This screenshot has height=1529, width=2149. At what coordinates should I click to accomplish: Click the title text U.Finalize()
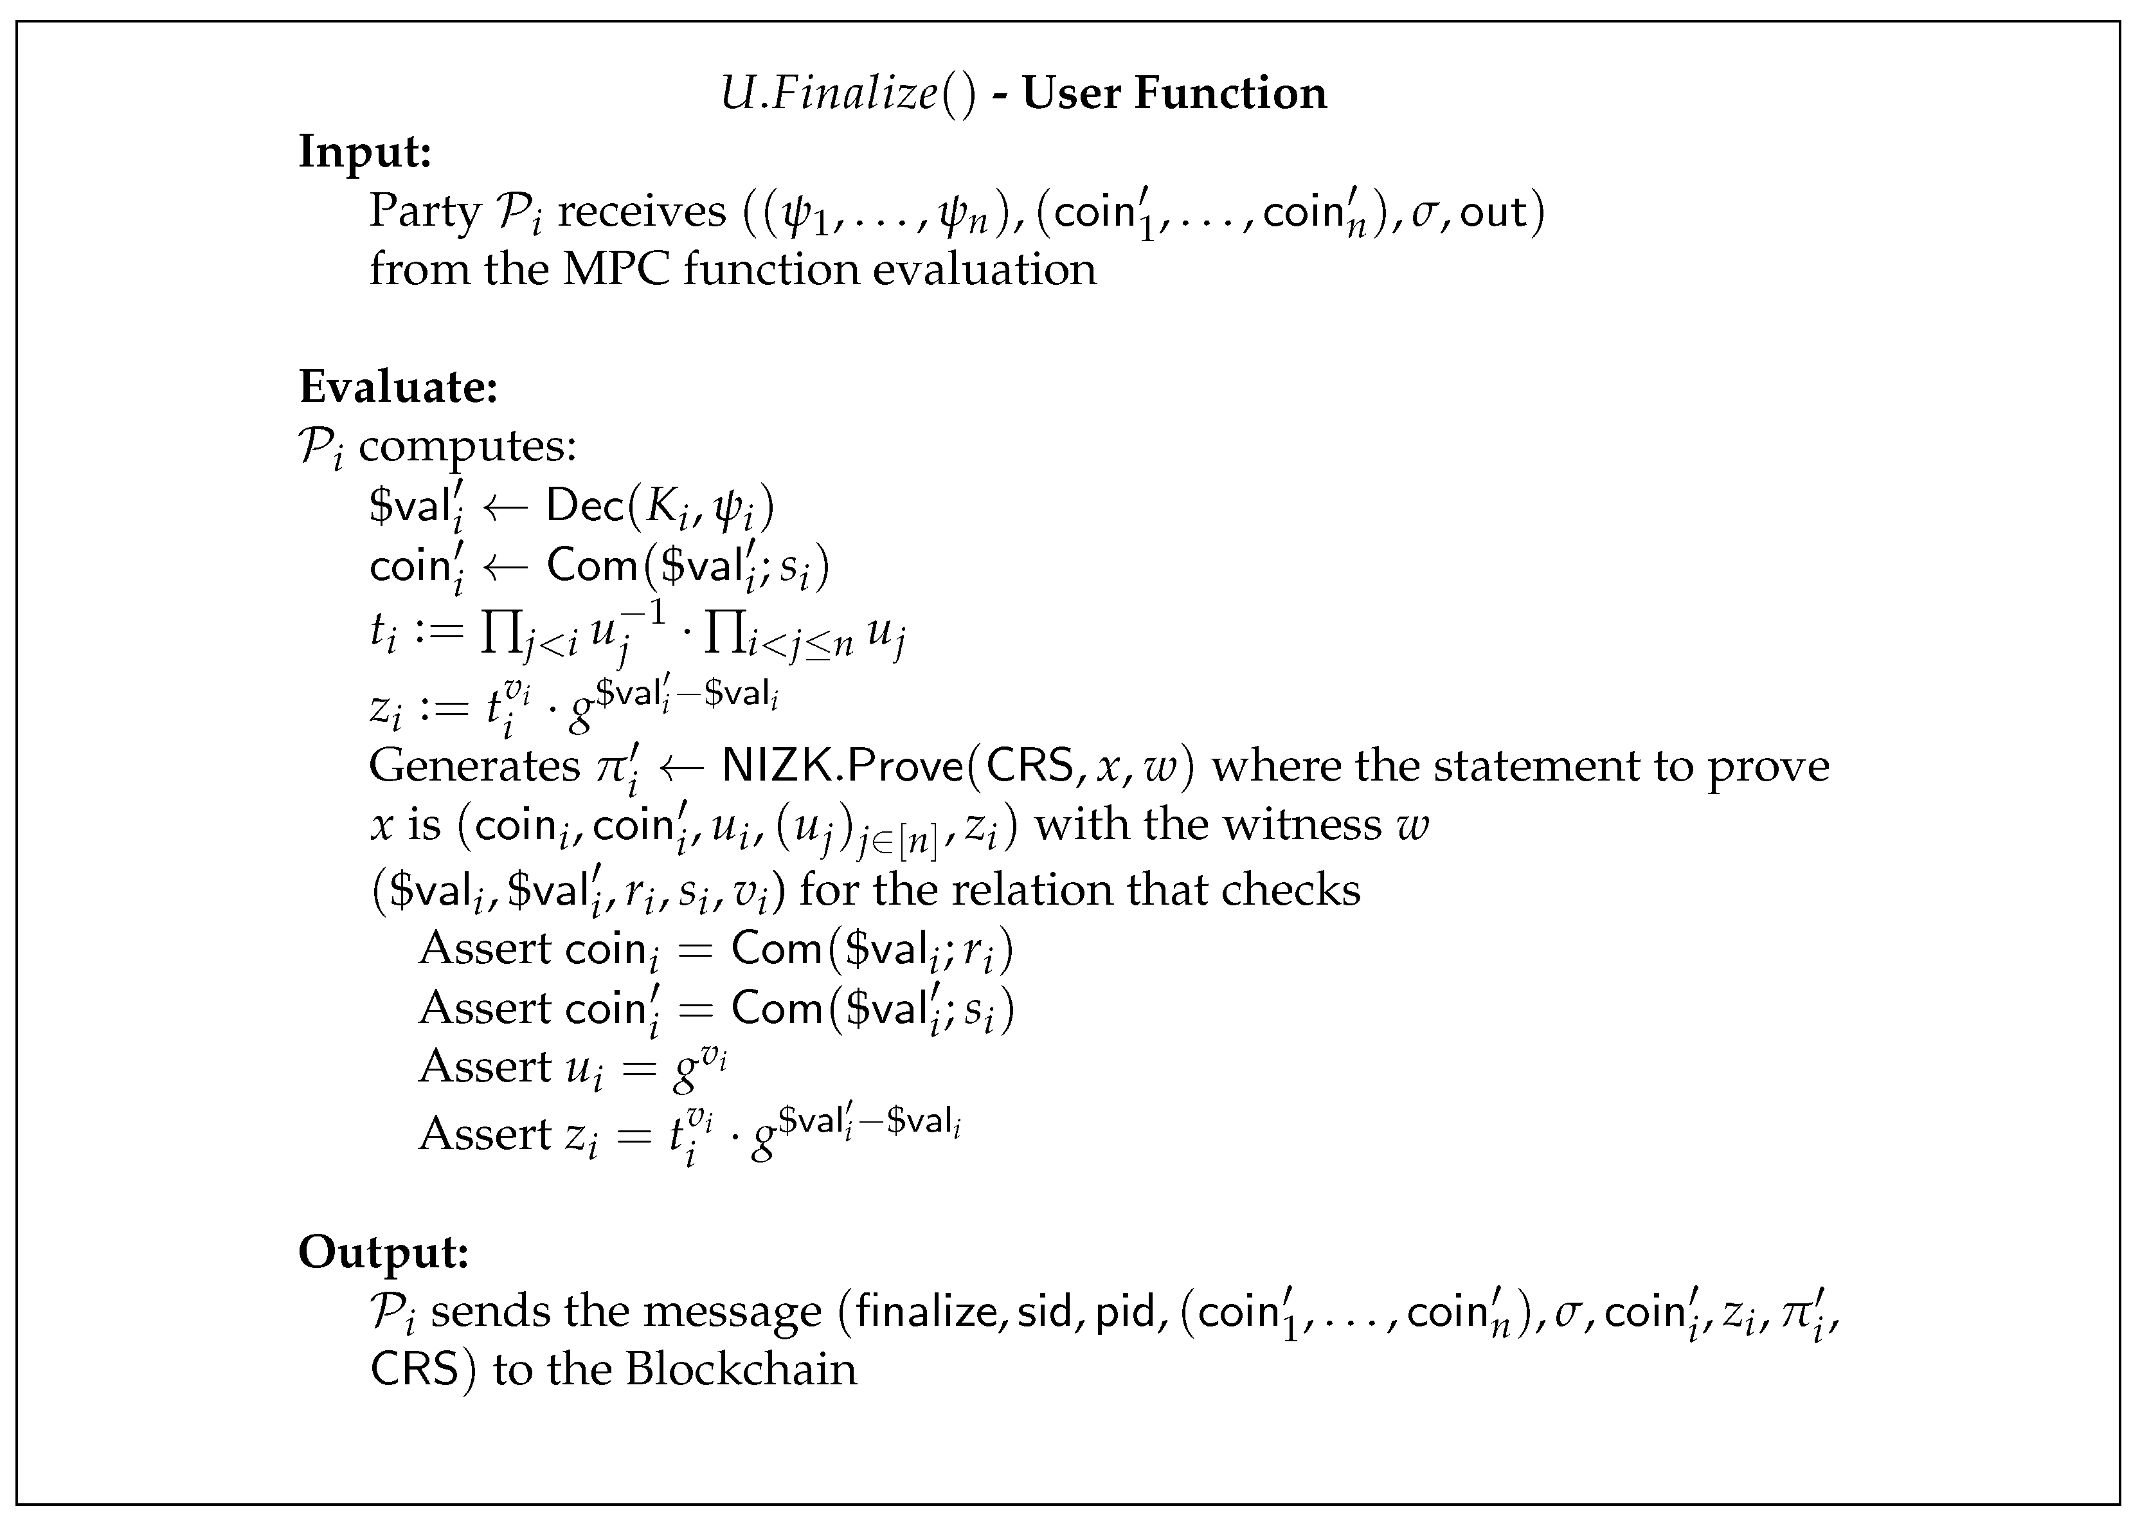[848, 93]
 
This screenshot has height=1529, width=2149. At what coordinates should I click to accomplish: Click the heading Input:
[364, 152]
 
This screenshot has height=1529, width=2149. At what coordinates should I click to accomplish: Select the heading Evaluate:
[397, 386]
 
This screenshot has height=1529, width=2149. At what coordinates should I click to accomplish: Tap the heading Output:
[383, 1251]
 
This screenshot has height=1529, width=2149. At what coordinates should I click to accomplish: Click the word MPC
[616, 269]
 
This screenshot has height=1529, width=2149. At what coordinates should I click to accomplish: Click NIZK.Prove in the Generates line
[843, 765]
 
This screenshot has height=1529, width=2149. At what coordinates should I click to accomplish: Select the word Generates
[474, 765]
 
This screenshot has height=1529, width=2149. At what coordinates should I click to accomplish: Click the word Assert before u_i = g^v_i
[485, 1067]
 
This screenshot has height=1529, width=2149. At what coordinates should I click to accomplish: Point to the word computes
[467, 446]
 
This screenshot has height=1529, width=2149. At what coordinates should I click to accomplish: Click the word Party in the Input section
[424, 211]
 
